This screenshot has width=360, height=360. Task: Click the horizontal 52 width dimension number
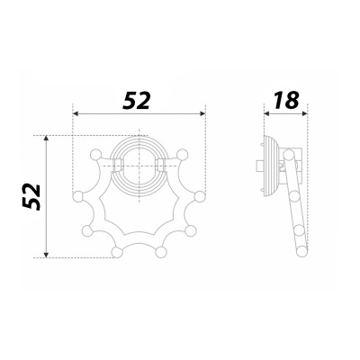tap(136, 101)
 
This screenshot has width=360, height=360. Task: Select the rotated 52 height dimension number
tap(31, 196)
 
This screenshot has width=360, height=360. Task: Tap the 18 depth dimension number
tap(286, 100)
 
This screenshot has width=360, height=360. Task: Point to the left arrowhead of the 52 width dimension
tap(76, 113)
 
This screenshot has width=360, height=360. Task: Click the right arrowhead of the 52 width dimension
tap(202, 113)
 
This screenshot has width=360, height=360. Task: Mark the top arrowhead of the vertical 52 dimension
tap(46, 138)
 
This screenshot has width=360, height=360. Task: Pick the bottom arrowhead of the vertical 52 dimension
tap(46, 255)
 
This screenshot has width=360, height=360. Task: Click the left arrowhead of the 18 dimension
tap(266, 113)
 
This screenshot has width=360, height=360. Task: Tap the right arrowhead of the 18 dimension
tap(305, 113)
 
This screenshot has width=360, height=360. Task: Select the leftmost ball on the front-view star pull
tap(78, 196)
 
